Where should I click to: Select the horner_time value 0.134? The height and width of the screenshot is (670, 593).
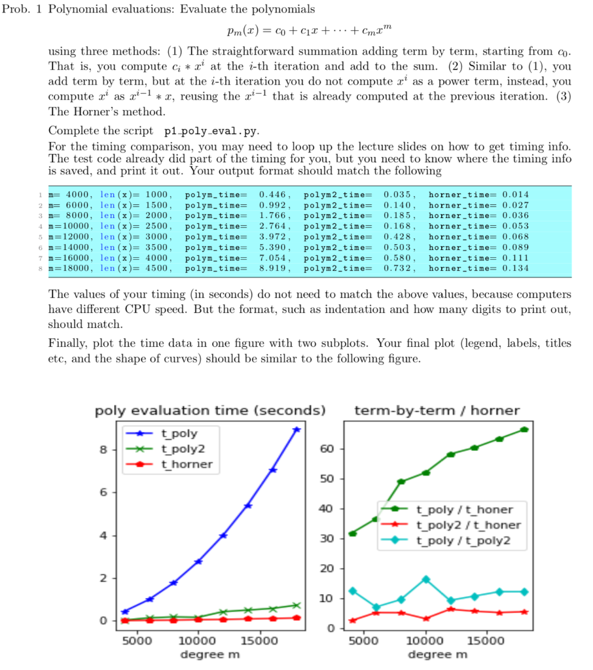(x=515, y=268)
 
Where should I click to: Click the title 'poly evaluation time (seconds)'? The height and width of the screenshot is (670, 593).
(x=210, y=411)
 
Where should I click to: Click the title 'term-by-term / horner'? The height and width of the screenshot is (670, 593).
(x=437, y=411)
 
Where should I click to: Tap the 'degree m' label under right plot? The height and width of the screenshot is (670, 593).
(x=438, y=655)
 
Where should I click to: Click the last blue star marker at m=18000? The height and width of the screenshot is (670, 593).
(x=296, y=429)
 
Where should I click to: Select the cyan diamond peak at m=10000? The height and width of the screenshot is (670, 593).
(x=425, y=579)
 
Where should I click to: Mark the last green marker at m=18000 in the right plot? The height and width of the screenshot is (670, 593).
(x=524, y=429)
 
